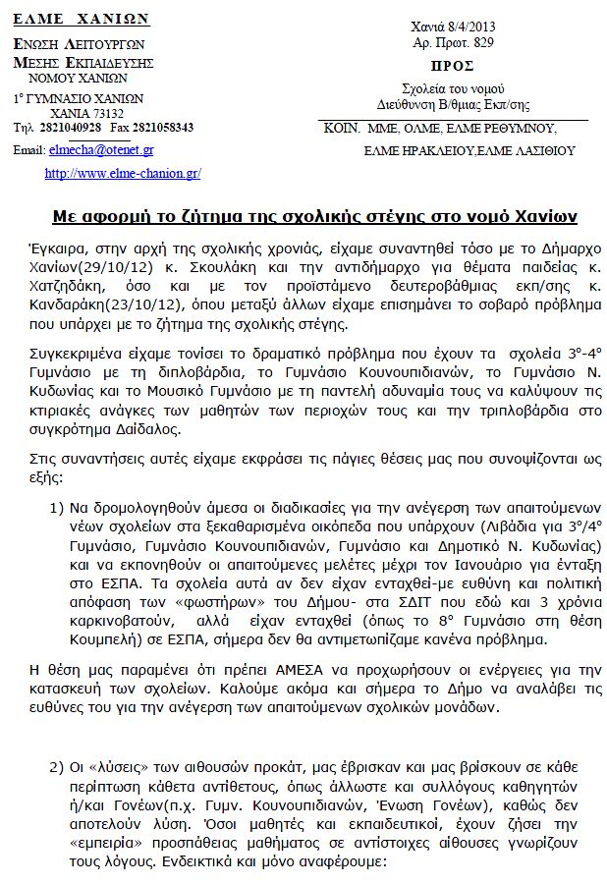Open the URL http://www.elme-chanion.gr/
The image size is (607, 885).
click(x=123, y=173)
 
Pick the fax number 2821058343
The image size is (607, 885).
click(x=166, y=128)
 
